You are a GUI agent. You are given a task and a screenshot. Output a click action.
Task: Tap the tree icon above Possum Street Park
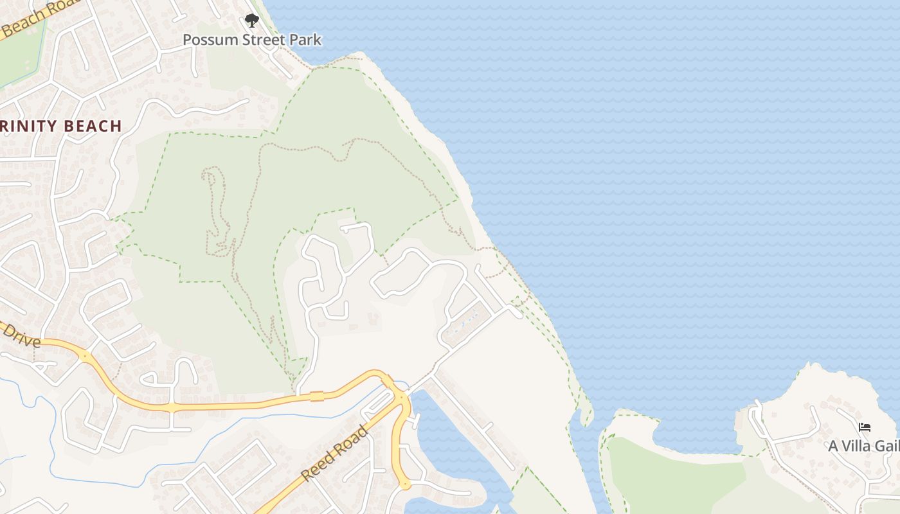(x=252, y=21)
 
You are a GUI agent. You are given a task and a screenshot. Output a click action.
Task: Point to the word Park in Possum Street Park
(x=305, y=40)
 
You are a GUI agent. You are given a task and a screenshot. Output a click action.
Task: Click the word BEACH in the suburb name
(x=94, y=126)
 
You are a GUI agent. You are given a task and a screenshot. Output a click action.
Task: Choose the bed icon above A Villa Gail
(x=865, y=427)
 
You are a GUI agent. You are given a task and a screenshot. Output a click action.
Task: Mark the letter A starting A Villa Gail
(x=833, y=446)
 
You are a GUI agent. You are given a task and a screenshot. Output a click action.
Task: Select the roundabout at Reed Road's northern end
(x=401, y=398)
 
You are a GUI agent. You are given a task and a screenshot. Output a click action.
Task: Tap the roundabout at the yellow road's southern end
(x=405, y=485)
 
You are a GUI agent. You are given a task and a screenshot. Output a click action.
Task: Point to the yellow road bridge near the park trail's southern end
(x=316, y=396)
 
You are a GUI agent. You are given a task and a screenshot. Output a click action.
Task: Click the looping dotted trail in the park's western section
(x=215, y=206)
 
